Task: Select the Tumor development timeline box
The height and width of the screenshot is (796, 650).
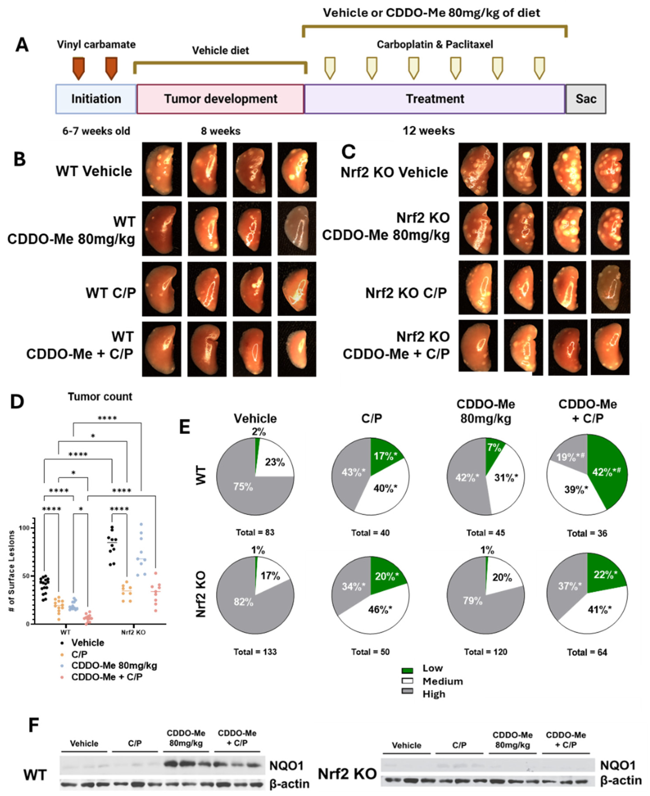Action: tap(220, 99)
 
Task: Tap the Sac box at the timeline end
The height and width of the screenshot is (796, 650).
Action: tap(586, 99)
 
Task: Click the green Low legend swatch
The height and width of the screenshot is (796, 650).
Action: tap(407, 668)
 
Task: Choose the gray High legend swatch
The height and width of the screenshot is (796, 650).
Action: tap(407, 694)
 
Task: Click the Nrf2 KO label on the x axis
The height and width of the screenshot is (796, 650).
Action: tap(133, 632)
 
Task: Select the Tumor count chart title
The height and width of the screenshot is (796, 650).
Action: tap(100, 397)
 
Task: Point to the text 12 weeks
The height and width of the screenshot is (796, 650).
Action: tap(429, 131)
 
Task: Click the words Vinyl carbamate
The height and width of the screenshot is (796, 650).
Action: tap(96, 45)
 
